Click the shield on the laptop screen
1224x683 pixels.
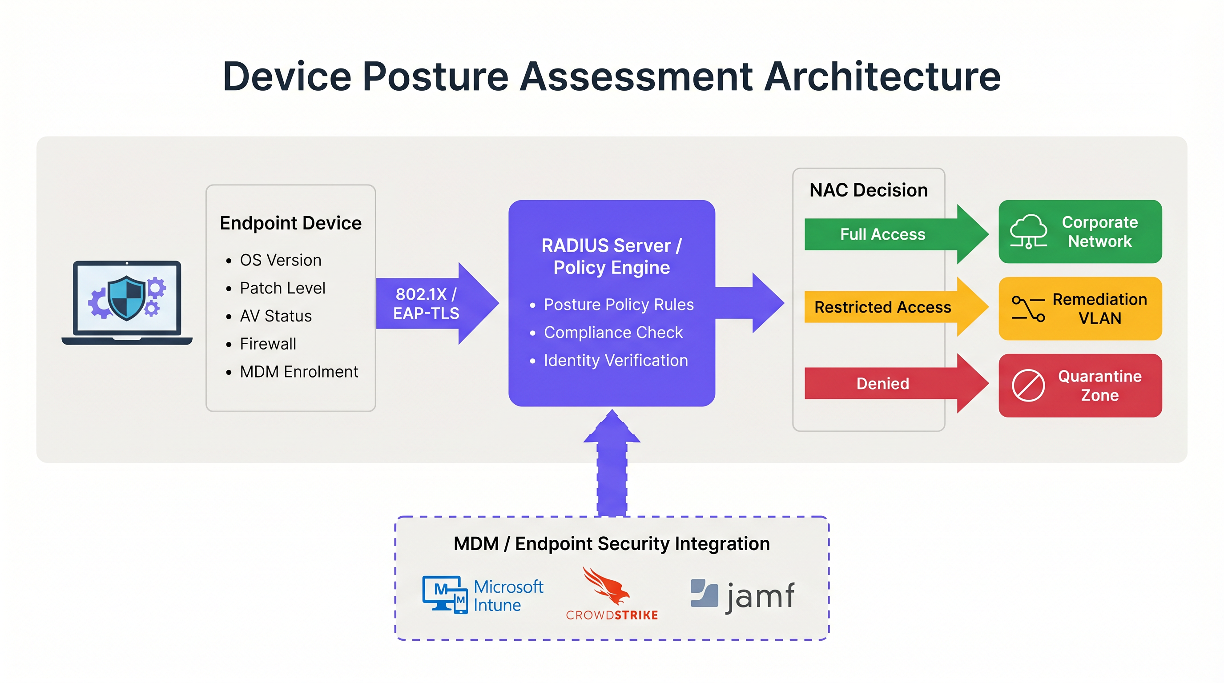click(126, 298)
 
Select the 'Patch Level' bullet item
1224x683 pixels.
click(282, 288)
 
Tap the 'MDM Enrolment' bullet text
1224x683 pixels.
click(298, 371)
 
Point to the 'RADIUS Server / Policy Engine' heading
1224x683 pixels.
click(612, 257)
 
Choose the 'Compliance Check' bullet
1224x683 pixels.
click(612, 333)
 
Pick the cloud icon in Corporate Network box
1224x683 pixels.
click(1028, 231)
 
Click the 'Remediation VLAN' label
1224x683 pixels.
click(1099, 309)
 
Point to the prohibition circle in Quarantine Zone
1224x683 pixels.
click(1028, 385)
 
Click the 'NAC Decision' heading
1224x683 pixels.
click(868, 190)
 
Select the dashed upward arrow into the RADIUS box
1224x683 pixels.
click(612, 466)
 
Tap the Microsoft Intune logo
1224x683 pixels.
click(482, 595)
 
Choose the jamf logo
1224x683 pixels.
click(742, 595)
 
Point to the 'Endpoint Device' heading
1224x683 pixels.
click(290, 223)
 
